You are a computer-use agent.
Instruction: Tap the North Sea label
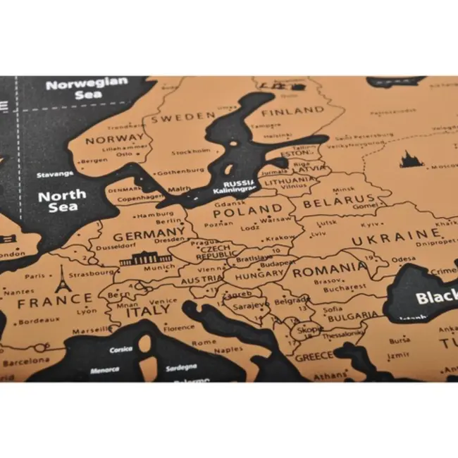click(62, 200)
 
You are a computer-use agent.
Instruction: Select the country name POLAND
click(248, 211)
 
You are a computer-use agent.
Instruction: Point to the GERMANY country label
click(149, 235)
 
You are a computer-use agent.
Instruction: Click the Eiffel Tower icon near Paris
click(62, 278)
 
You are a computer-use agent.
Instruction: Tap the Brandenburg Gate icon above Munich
click(145, 259)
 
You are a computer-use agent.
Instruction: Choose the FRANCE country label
click(55, 303)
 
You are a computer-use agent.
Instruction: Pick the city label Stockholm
click(191, 151)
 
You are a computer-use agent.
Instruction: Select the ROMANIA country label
click(329, 271)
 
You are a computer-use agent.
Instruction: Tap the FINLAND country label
click(292, 111)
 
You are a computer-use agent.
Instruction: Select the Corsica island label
click(120, 349)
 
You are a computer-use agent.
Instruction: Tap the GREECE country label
click(314, 356)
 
